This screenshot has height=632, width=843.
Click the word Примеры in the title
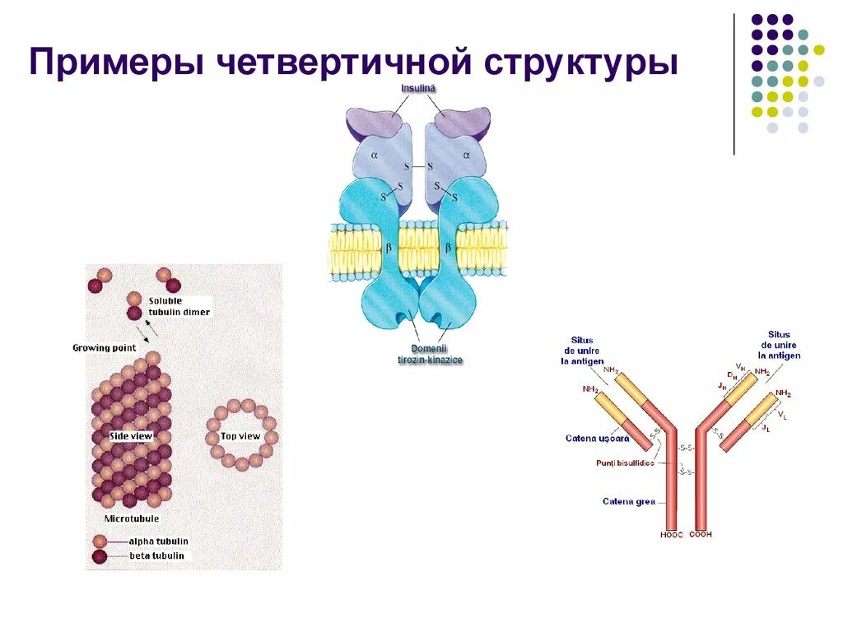coord(116,64)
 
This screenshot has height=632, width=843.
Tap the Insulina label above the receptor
coord(419,88)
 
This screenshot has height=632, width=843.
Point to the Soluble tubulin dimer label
coord(179,306)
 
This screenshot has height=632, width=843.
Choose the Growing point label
coord(104,347)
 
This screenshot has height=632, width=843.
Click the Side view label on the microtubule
coord(131,435)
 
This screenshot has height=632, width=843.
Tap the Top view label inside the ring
coord(240,436)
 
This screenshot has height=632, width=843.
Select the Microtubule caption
coord(132,518)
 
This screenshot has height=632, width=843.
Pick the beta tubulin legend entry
coord(156,556)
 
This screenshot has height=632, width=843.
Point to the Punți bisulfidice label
coord(625,463)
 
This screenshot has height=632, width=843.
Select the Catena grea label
coord(629,501)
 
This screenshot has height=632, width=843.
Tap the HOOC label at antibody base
coord(672,535)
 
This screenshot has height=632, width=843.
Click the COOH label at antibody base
coord(700,535)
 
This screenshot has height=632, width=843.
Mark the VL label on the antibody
coord(783,416)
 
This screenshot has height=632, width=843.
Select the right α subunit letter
coord(465,154)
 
